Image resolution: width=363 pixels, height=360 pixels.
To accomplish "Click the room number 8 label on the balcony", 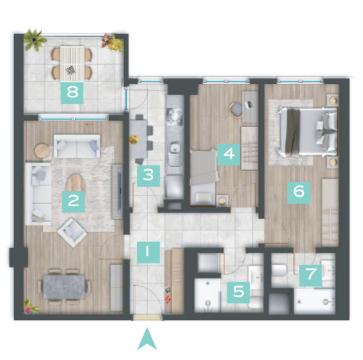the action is [x=72, y=93].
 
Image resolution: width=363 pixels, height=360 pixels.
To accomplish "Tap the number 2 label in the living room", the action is [x=73, y=202].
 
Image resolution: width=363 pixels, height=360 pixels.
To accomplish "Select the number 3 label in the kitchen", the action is [x=148, y=176].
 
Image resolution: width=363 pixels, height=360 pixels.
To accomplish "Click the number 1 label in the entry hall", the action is [x=148, y=253].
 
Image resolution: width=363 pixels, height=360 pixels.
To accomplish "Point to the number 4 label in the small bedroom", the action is [x=229, y=155].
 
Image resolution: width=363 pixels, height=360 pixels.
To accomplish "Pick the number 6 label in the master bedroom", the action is [x=299, y=192].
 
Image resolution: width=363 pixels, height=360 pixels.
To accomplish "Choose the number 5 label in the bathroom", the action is [x=238, y=292].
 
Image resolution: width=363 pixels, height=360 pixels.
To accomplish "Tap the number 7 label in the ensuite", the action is [x=311, y=275].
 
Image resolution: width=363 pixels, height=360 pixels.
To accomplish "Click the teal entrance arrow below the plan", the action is [x=147, y=339].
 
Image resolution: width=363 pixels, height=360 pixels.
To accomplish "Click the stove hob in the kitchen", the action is [x=174, y=116].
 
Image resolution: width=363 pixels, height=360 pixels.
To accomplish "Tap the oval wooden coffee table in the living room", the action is [x=76, y=183].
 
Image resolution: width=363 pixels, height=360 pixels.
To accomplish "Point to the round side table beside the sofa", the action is [x=42, y=151].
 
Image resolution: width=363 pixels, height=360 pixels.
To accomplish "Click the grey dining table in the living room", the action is [x=64, y=287].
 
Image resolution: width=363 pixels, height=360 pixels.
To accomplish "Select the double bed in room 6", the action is [x=308, y=131].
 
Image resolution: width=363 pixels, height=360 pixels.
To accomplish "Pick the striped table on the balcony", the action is [x=72, y=63].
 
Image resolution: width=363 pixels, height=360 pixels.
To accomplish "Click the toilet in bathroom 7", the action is [x=279, y=271].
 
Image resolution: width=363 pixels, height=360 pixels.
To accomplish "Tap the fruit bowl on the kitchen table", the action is [x=134, y=139].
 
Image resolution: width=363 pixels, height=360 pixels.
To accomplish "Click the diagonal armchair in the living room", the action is [x=72, y=232].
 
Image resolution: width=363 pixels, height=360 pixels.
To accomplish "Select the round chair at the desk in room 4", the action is [x=236, y=110].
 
